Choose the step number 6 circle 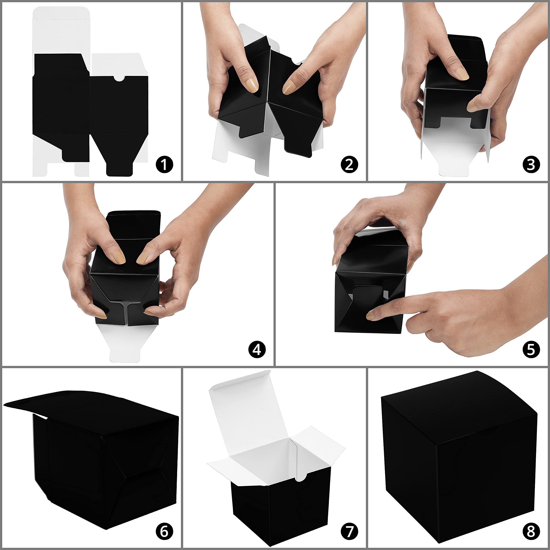pyautogui.click(x=164, y=531)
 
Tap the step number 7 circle pyautogui.click(x=349, y=531)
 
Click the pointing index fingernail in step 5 pyautogui.click(x=370, y=316)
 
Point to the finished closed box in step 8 pyautogui.click(x=459, y=458)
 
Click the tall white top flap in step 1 pyautogui.click(x=61, y=31)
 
